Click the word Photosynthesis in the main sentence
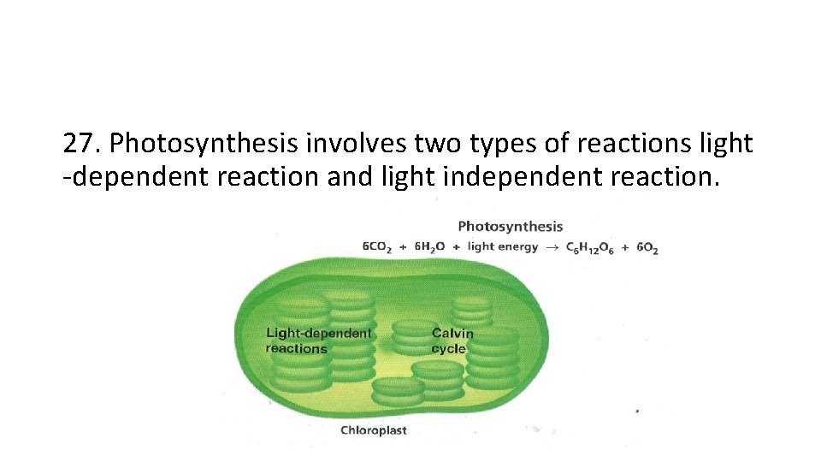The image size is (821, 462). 205,143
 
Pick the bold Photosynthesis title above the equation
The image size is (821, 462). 511,227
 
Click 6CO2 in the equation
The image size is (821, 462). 377,247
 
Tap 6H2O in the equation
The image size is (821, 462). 429,247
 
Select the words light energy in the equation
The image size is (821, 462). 503,247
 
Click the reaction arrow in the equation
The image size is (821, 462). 552,247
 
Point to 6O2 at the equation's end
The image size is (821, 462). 646,247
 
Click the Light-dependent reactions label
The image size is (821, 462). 318,341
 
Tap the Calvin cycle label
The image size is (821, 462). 452,341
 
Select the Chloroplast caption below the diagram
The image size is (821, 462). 374,430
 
